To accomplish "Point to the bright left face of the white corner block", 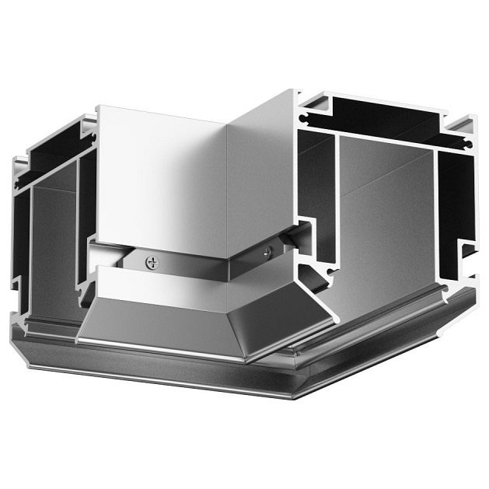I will click(x=159, y=179).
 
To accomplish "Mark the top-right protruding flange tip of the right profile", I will click(x=472, y=122).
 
